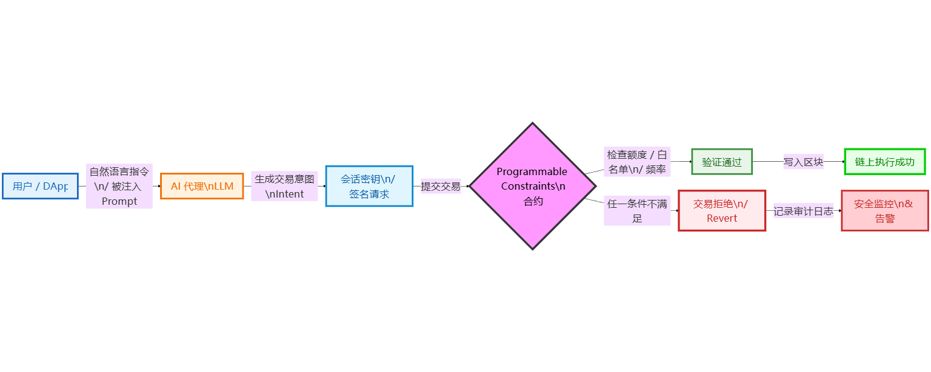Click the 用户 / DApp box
click(x=40, y=186)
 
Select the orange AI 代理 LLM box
click(x=202, y=186)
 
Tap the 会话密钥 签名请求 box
click(x=369, y=186)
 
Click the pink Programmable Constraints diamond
click(x=532, y=186)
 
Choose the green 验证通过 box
click(x=722, y=162)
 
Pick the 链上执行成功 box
click(x=884, y=162)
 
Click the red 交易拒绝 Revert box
click(x=721, y=211)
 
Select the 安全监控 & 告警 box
click(x=884, y=211)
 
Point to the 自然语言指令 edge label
click(x=119, y=186)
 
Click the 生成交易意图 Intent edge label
click(x=284, y=186)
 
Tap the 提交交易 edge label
click(x=441, y=186)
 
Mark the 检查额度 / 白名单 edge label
click(x=637, y=162)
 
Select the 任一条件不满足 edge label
click(x=637, y=211)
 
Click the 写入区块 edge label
click(x=803, y=162)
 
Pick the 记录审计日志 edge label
click(x=803, y=211)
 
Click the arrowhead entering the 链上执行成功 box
click(x=843, y=162)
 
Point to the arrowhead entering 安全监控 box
click(x=839, y=211)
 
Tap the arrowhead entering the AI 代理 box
click(x=159, y=186)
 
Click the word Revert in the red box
click(x=722, y=218)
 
